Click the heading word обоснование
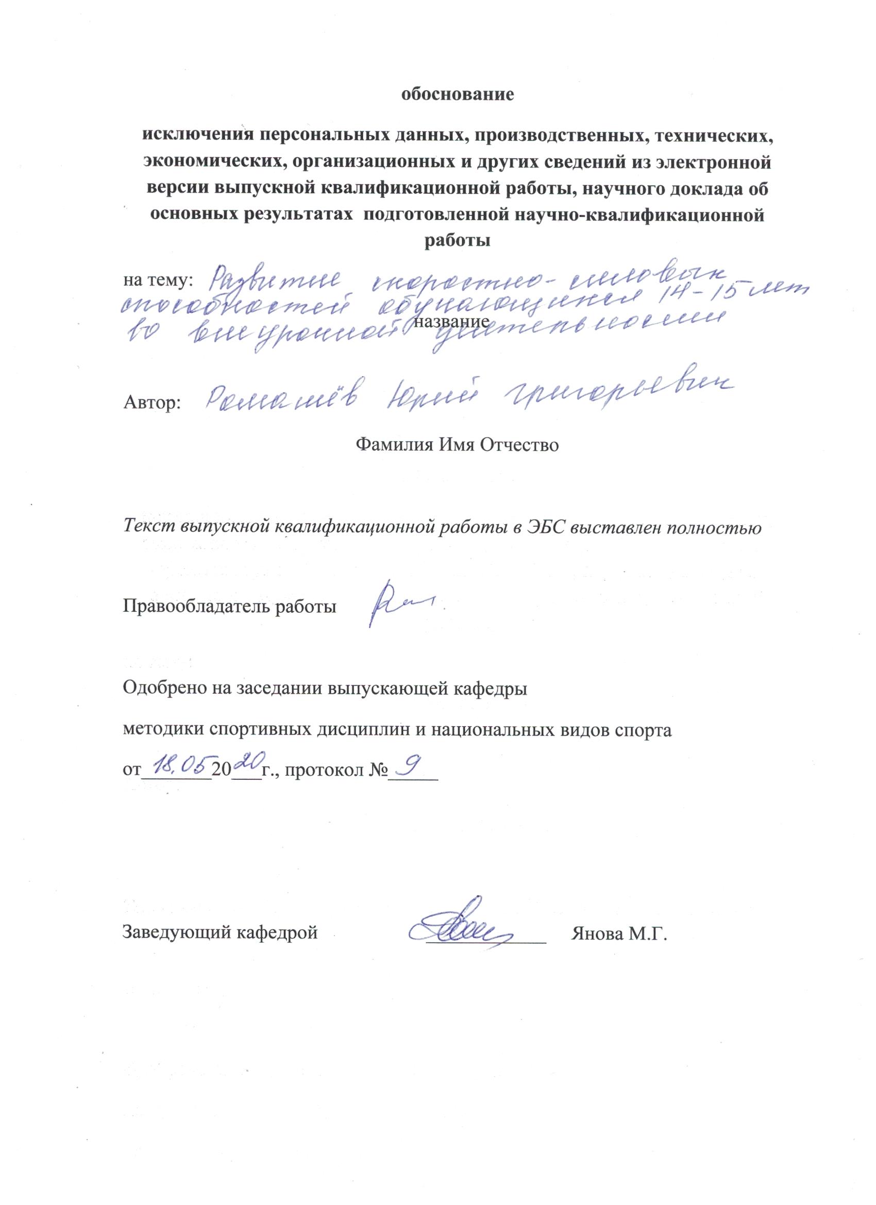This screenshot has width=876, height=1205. click(x=458, y=95)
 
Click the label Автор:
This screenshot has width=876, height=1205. click(x=153, y=404)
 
